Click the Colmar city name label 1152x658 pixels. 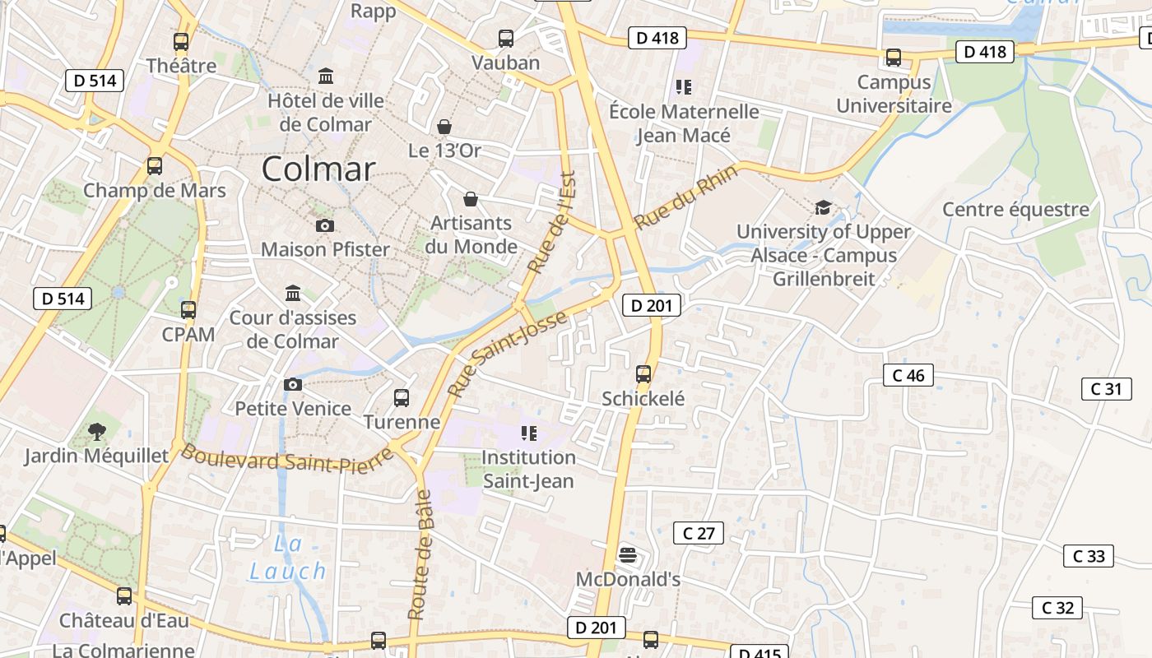tap(318, 169)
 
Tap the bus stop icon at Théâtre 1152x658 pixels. tap(181, 41)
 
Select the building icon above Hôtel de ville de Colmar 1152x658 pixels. tap(326, 76)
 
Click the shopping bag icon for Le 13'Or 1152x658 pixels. tap(444, 127)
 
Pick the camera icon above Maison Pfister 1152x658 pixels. tap(325, 225)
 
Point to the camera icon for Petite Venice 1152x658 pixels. tap(292, 384)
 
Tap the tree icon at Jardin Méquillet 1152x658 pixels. tap(96, 431)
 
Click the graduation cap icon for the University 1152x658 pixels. tap(823, 207)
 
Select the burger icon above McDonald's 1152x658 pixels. tap(628, 555)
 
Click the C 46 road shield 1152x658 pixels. tap(908, 375)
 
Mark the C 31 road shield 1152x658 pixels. tap(1106, 388)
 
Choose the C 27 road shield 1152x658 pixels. tap(699, 533)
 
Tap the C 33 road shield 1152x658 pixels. tap(1089, 556)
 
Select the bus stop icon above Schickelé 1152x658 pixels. tap(643, 374)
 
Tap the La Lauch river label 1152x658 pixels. tap(288, 558)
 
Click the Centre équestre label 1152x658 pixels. tap(1015, 209)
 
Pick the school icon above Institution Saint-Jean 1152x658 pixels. tap(528, 433)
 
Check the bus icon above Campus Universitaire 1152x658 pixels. tap(893, 58)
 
